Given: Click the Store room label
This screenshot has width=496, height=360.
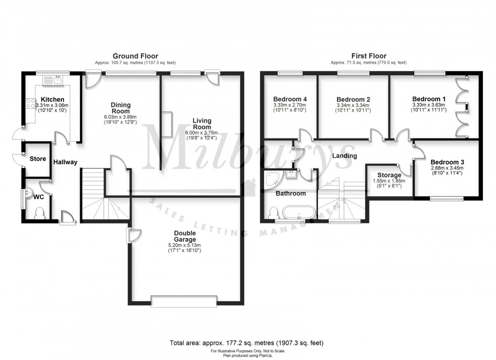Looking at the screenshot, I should [x=37, y=159].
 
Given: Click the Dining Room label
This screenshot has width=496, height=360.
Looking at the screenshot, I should [x=121, y=108].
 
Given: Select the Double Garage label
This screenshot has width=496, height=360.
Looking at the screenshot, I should [x=185, y=236].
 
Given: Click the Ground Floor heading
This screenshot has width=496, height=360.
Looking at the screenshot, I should [x=135, y=56].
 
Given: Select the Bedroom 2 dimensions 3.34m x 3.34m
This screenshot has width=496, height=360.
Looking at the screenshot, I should [x=354, y=105].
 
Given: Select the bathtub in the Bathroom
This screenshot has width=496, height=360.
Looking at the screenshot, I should [x=298, y=212].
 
